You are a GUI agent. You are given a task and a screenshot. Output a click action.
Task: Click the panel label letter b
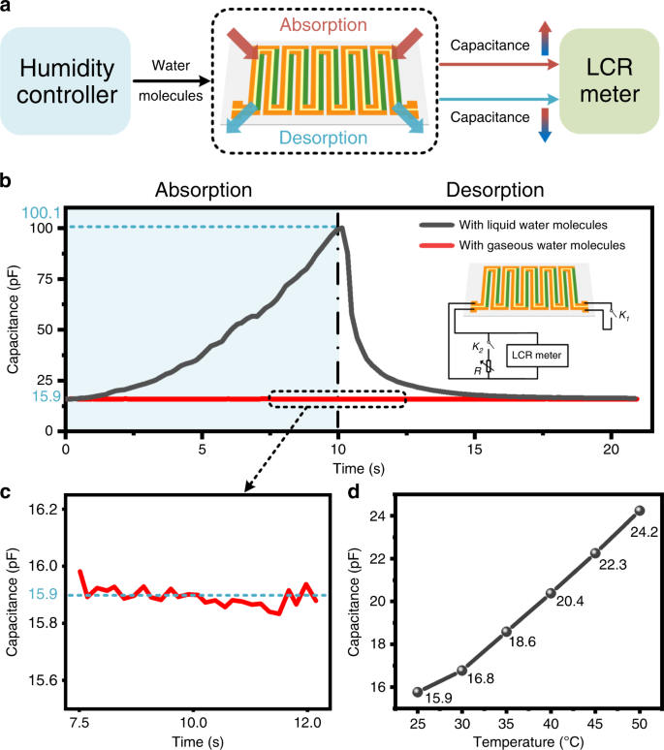click(7, 180)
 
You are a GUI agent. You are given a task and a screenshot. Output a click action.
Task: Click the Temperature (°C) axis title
click(527, 741)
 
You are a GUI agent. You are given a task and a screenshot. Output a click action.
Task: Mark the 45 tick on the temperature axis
click(594, 723)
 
